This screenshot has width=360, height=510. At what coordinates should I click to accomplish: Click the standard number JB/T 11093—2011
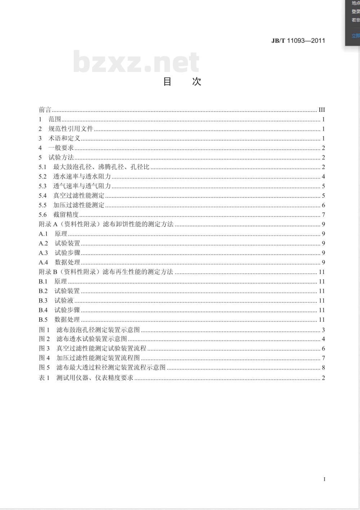[298, 41]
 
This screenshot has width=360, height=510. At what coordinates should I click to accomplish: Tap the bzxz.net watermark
[136, 62]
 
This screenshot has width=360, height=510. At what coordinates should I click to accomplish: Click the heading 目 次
[182, 81]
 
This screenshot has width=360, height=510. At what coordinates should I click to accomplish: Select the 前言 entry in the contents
[45, 110]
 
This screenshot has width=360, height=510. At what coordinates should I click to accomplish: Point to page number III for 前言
[321, 110]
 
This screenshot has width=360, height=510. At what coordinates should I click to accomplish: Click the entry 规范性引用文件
[71, 129]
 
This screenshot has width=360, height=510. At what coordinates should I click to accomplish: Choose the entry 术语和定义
[64, 138]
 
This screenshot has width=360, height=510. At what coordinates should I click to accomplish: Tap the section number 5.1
[42, 167]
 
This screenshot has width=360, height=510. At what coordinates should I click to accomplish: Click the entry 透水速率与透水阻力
[82, 176]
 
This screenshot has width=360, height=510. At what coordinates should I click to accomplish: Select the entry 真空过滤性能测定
[78, 196]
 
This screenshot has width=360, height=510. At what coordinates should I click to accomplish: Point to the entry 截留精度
[66, 215]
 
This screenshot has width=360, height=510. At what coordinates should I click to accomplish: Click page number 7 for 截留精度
[323, 215]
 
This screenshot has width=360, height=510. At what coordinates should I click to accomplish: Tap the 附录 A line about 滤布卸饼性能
[106, 224]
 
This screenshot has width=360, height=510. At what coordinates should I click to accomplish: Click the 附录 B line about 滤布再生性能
[106, 272]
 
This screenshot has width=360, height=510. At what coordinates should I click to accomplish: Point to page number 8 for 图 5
[323, 367]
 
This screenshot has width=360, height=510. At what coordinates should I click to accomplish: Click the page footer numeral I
[324, 479]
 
